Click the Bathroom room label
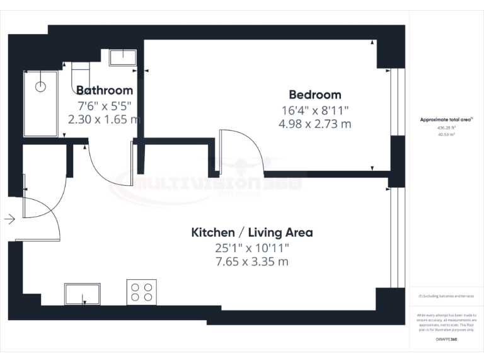point(105,90)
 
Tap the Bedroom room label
point(314,95)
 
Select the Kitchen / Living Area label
point(251,233)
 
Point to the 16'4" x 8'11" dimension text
point(314,110)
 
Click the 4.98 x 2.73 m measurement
point(314,124)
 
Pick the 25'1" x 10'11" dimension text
point(251,248)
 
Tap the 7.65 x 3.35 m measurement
point(251,262)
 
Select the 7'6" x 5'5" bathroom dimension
point(105,105)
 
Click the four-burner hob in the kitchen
point(141,292)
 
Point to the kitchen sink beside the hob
point(82,294)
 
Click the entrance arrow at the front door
point(9,219)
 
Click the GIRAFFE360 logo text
point(446,340)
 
